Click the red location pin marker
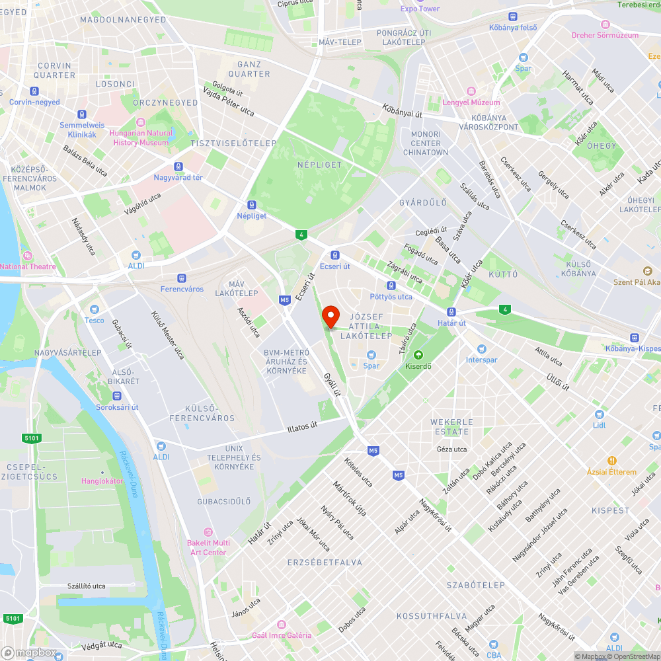(x=330, y=317)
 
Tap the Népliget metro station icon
(x=251, y=205)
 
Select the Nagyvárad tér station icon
(x=178, y=167)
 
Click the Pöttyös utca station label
(x=391, y=297)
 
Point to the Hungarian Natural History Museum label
(x=141, y=137)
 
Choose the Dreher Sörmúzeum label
(x=610, y=35)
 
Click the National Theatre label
(x=28, y=266)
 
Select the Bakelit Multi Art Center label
(x=208, y=547)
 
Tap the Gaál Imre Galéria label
(x=282, y=635)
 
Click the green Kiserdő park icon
(x=417, y=355)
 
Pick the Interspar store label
(x=481, y=360)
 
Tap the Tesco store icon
(x=94, y=309)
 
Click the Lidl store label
(x=599, y=425)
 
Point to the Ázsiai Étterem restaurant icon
(x=612, y=461)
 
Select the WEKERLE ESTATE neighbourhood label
(x=452, y=427)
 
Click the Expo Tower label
(x=420, y=9)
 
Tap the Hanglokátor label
(x=102, y=481)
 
